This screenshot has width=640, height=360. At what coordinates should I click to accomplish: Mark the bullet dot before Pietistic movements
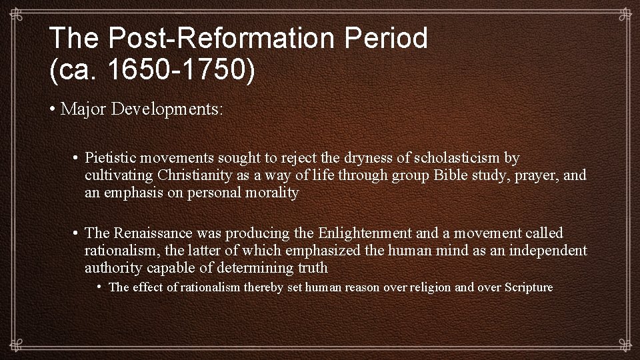point(77,158)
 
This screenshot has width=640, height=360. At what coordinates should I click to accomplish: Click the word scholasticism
point(457,158)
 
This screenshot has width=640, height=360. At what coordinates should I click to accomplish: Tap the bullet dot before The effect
point(99,287)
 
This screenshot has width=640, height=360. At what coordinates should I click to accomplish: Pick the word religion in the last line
point(436,287)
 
